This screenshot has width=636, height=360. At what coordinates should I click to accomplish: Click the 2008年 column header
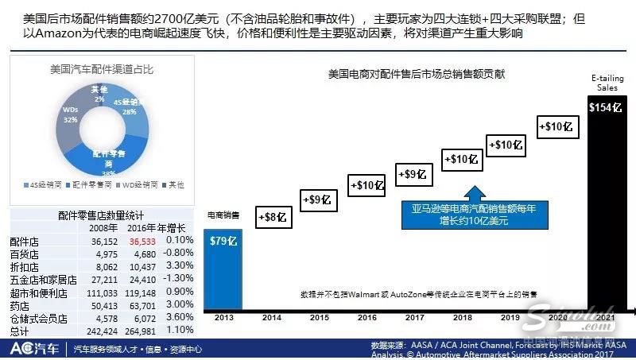point(103,228)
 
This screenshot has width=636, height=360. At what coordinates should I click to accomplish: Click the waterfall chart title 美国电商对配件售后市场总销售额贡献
point(417,74)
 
